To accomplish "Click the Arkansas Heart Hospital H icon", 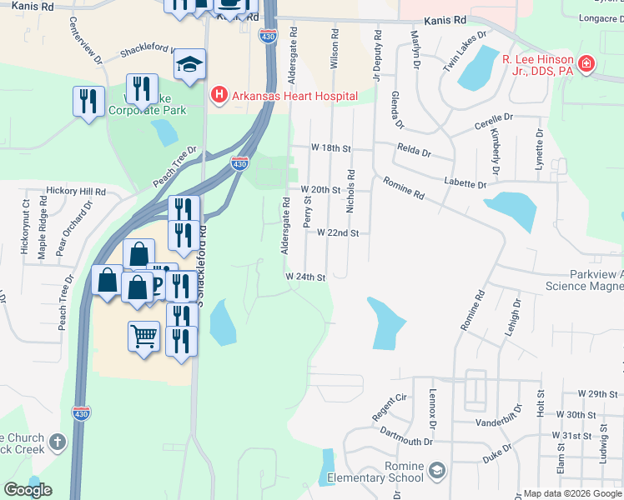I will click(219, 96).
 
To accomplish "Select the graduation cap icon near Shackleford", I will click(191, 64).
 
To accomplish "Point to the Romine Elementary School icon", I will click(437, 472).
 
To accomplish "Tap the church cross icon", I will click(58, 442).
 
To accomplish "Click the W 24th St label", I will click(304, 277).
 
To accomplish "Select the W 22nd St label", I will click(338, 233).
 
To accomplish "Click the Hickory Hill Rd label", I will click(76, 191).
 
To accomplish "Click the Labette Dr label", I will click(465, 183).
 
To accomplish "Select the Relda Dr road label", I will click(414, 153).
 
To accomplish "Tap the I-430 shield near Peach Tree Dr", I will click(239, 164).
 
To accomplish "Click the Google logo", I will click(28, 490).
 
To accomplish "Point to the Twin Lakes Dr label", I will click(465, 51).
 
